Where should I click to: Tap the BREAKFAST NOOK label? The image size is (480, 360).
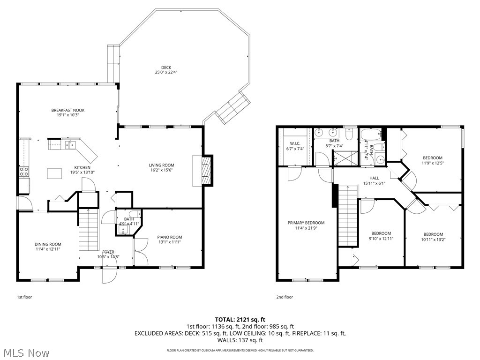tap(68, 110)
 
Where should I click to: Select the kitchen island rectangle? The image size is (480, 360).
tap(54, 173)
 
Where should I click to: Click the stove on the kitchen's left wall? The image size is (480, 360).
tap(24, 171)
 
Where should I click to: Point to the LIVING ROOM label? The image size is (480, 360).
tap(162, 165)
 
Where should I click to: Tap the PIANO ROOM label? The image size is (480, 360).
tap(169, 237)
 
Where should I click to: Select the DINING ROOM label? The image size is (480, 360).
tap(48, 244)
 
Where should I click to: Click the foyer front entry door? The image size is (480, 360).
tap(110, 275)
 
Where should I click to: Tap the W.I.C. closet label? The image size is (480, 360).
tap(294, 143)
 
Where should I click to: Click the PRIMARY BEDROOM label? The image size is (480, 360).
tap(306, 223)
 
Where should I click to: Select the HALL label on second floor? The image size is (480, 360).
tap(374, 178)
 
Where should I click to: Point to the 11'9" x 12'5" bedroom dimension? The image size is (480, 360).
tap(433, 163)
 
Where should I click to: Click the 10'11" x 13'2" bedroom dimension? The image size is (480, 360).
tap(433, 240)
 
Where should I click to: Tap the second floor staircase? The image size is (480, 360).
tap(347, 216)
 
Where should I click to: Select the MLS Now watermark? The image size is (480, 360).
tap(26, 352)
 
